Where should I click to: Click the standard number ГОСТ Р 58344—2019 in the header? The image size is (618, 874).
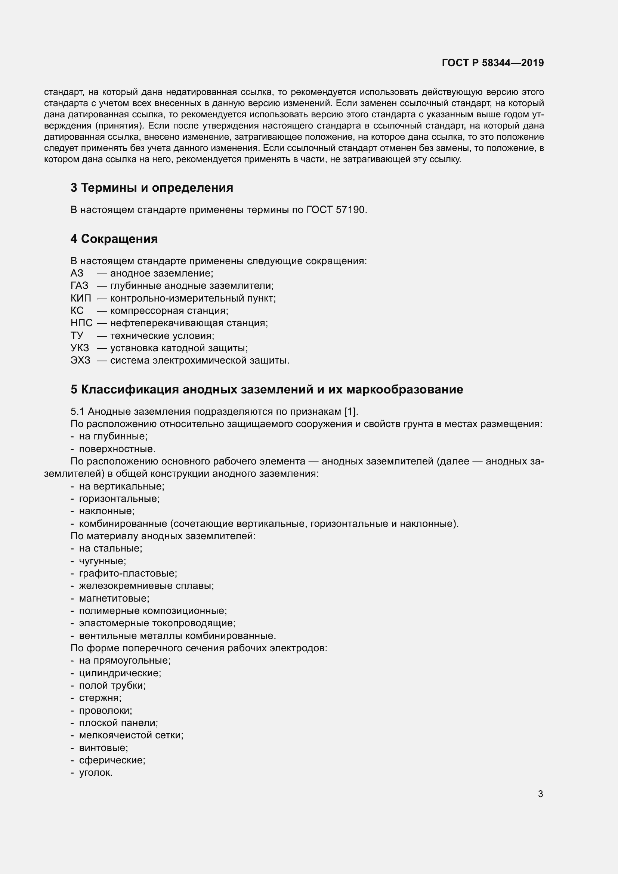point(493,63)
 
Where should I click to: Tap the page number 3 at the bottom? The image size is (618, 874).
point(540,794)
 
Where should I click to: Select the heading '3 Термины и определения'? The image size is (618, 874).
point(152,188)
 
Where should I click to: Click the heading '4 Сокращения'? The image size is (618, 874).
point(114,239)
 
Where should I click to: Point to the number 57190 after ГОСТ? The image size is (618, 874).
point(350,210)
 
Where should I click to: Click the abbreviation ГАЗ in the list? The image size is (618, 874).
point(79,286)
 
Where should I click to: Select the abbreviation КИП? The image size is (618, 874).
point(81,299)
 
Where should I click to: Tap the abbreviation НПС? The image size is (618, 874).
point(81,323)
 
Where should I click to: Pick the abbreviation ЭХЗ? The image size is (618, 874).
point(81,361)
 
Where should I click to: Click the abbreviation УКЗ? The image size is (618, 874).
point(80,348)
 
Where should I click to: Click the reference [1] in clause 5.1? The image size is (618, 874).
point(350,411)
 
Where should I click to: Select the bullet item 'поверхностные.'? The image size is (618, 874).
point(117,449)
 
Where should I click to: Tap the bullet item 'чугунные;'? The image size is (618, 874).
point(103,561)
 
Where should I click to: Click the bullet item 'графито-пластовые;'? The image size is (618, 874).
point(128,574)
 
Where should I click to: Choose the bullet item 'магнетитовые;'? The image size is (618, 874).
point(114,598)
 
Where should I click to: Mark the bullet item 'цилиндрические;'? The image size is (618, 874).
point(120,673)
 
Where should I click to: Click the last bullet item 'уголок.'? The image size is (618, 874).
point(96,773)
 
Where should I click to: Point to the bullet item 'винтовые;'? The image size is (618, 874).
point(103,748)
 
